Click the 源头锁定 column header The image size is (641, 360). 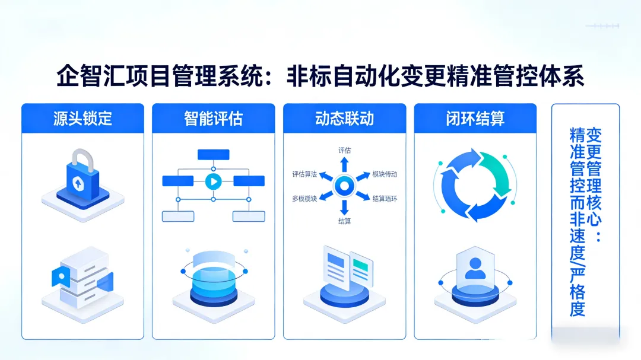(82, 118)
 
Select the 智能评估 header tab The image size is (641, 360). (213, 118)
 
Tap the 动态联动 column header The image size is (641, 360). (344, 118)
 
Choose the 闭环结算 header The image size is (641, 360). (475, 118)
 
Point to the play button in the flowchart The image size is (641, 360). (212, 181)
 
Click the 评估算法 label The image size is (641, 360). (304, 174)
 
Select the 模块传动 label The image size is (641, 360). (385, 174)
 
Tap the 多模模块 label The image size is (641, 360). (304, 198)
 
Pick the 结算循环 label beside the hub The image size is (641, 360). (385, 198)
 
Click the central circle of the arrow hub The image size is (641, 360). (344, 186)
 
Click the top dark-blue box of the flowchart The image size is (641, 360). (213, 155)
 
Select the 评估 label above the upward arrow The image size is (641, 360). (344, 150)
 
